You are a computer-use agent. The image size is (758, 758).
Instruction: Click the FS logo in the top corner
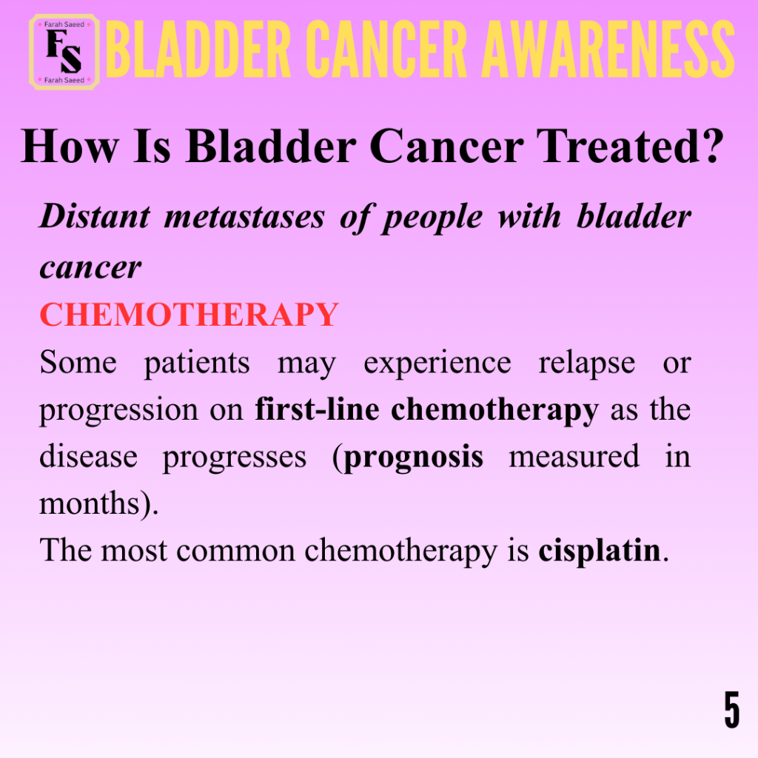click(64, 53)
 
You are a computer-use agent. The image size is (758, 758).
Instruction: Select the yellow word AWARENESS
click(608, 50)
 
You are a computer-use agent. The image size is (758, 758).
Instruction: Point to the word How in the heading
click(70, 146)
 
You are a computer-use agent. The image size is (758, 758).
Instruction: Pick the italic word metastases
click(244, 216)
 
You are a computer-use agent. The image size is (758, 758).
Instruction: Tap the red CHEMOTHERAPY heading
click(189, 314)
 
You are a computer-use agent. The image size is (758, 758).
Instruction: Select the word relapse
click(587, 363)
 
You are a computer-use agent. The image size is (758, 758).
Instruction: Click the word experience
click(437, 363)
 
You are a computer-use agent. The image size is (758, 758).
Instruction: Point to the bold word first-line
click(317, 409)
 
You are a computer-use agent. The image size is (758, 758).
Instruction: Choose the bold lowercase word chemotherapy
click(494, 411)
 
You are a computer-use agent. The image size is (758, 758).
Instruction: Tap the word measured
click(574, 456)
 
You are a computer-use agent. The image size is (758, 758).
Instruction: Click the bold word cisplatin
click(600, 551)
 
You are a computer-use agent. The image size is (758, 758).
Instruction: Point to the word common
click(235, 551)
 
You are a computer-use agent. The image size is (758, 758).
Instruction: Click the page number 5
click(732, 709)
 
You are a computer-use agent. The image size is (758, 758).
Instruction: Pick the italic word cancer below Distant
click(90, 268)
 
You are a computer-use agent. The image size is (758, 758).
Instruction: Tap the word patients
click(197, 363)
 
